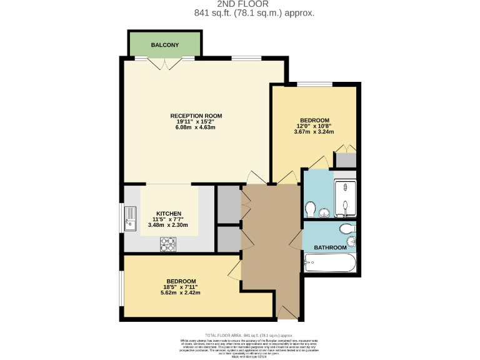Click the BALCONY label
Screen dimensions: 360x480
(x=164, y=45)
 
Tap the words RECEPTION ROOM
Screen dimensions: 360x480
(x=196, y=116)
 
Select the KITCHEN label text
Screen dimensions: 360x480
(x=168, y=213)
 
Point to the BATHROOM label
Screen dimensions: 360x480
(x=329, y=247)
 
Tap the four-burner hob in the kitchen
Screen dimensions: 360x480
(x=168, y=244)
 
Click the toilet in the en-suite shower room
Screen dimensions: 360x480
(x=310, y=208)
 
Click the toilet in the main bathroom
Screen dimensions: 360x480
(x=345, y=229)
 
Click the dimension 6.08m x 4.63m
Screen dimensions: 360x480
(x=196, y=127)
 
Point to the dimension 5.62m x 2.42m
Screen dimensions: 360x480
(x=181, y=292)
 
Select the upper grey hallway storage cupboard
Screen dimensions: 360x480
(x=228, y=204)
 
